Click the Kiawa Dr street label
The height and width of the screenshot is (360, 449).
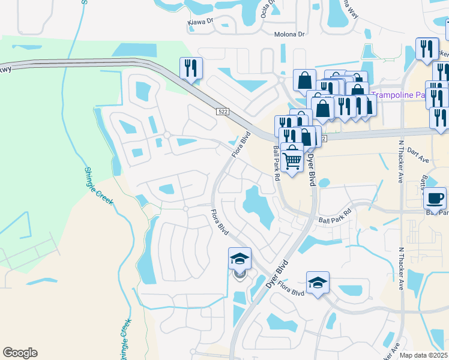[200, 21]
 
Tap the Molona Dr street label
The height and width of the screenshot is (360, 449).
[289, 34]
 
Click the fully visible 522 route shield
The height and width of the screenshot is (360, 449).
[222, 112]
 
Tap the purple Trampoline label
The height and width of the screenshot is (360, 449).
[393, 94]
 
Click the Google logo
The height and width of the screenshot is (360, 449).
[20, 353]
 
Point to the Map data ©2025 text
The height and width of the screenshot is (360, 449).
[424, 355]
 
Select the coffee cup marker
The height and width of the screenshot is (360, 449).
[435, 198]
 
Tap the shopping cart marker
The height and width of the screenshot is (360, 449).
[292, 158]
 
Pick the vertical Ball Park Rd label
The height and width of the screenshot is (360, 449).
[277, 164]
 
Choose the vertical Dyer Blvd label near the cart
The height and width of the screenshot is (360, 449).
[312, 170]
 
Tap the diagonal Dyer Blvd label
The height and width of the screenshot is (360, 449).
[277, 271]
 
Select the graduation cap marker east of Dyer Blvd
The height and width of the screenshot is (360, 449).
[318, 283]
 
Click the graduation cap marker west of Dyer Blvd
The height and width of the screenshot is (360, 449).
[240, 259]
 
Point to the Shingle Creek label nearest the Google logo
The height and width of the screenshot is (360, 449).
[125, 340]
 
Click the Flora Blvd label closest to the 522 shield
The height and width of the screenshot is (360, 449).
[241, 145]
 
